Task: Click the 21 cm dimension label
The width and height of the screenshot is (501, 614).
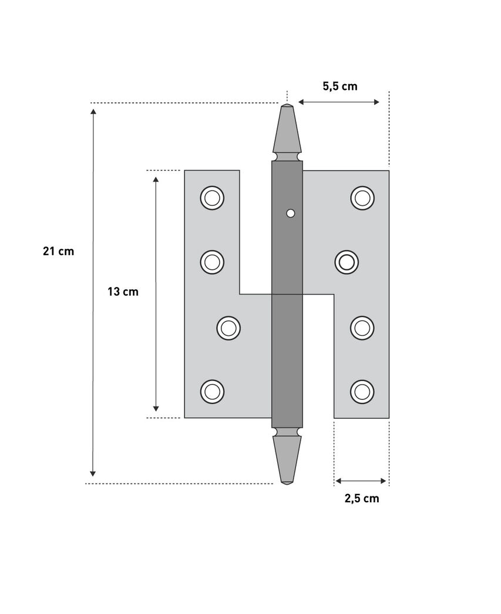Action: click(x=59, y=251)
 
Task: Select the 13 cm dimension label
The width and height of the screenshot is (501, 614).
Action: click(x=123, y=291)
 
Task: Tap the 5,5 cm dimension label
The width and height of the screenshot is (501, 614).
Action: click(x=339, y=86)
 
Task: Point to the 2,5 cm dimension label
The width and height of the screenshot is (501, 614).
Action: click(x=361, y=499)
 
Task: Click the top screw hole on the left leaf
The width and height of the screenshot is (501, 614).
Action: click(x=212, y=198)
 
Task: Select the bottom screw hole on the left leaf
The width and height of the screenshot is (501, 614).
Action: click(x=212, y=391)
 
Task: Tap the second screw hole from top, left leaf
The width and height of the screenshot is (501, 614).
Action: click(x=212, y=262)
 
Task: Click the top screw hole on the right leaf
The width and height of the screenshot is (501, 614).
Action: click(x=362, y=198)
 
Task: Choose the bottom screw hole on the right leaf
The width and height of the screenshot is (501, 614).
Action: click(x=362, y=391)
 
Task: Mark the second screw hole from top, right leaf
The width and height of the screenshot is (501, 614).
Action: click(x=347, y=262)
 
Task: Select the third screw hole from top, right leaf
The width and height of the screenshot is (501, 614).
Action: click(x=362, y=327)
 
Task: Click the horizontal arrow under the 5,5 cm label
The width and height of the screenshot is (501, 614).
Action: click(x=339, y=102)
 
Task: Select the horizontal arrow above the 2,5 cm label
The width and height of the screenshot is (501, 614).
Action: click(x=361, y=481)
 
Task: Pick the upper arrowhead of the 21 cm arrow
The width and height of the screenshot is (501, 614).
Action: click(x=93, y=112)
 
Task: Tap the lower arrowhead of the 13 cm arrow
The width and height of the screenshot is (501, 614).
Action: click(x=156, y=408)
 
